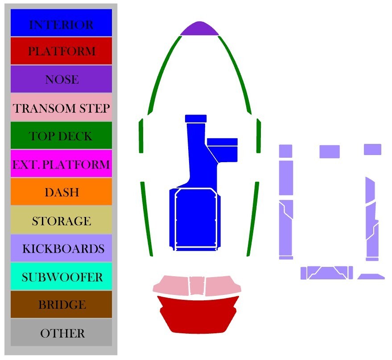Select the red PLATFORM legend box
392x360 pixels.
click(61, 51)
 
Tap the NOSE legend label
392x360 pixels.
click(61, 79)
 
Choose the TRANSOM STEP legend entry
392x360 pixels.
click(61, 107)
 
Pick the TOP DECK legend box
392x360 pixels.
click(61, 135)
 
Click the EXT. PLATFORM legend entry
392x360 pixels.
click(61, 164)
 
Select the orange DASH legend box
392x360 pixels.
click(61, 192)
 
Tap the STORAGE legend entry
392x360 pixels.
click(61, 221)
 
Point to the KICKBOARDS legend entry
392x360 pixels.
click(61, 248)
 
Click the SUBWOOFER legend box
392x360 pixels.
click(61, 277)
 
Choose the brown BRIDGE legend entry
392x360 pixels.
click(61, 305)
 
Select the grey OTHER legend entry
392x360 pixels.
click(61, 333)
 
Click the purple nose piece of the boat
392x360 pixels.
click(199, 29)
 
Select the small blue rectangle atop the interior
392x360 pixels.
click(196, 118)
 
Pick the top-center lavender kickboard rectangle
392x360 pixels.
click(330, 151)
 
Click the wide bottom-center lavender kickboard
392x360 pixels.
click(327, 273)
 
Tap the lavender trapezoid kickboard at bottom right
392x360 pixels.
click(371, 277)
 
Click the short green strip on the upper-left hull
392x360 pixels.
click(141, 136)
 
